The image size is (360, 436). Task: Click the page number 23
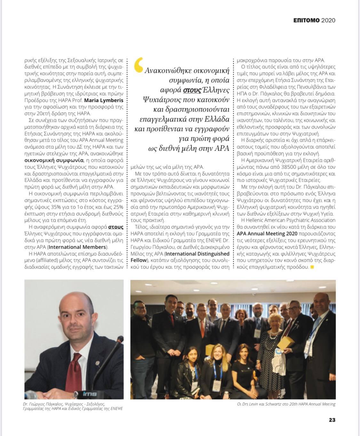click(x=332, y=420)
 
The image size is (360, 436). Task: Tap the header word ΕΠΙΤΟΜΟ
click(x=307, y=20)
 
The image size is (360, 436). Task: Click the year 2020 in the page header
click(x=328, y=20)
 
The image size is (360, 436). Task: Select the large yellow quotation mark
click(x=139, y=65)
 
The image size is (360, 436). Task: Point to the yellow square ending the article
click(x=312, y=267)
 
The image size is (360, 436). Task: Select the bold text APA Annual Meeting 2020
click(x=267, y=233)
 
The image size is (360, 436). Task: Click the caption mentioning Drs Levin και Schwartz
click(x=284, y=404)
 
